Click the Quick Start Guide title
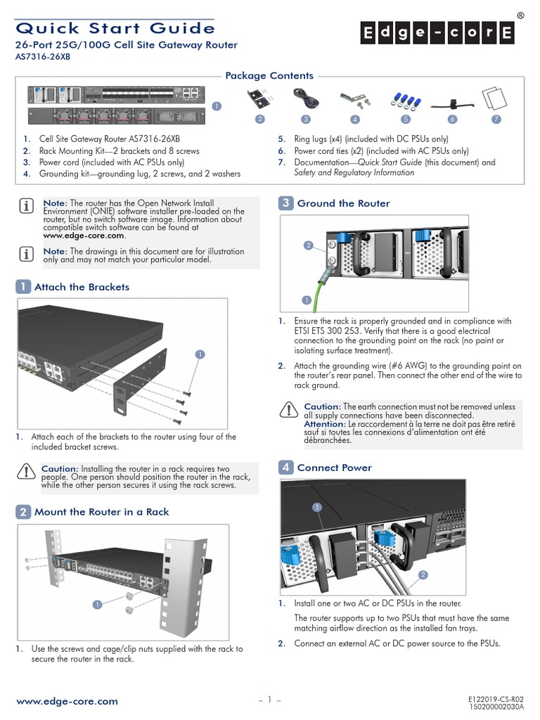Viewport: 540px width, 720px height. point(115,28)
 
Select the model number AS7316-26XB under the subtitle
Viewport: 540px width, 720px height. point(43,58)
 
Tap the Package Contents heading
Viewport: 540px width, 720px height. point(269,76)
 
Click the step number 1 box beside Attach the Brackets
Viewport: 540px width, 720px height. point(23,287)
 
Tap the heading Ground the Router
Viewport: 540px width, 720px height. point(343,203)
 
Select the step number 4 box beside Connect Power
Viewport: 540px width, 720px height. point(286,468)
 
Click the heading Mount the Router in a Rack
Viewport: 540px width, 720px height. point(101,512)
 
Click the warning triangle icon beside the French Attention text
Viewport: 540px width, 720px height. point(288,410)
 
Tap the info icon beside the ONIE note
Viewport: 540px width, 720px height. point(26,205)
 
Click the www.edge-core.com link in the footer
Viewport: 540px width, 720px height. point(67,701)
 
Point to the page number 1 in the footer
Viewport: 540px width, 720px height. point(270,700)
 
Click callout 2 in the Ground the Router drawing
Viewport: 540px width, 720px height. point(308,245)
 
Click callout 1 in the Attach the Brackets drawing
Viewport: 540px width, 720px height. point(200,354)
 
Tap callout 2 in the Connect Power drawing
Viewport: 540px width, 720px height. point(423,575)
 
